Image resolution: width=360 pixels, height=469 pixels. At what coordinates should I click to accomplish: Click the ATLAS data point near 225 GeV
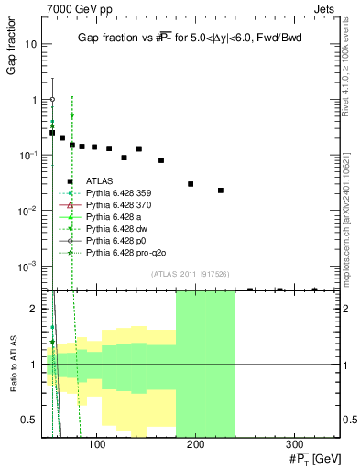click(x=221, y=191)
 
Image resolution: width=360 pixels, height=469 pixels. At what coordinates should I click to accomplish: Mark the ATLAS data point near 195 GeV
click(x=191, y=184)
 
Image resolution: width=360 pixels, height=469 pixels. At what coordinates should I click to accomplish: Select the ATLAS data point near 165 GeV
click(x=161, y=160)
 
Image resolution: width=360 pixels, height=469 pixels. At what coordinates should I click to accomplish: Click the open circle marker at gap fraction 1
click(x=52, y=99)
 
